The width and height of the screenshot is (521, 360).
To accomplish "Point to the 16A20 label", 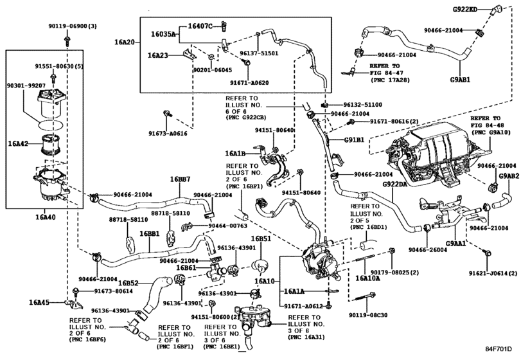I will coord(127,42).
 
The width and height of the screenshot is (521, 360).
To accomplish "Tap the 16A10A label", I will coord(366,279).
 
